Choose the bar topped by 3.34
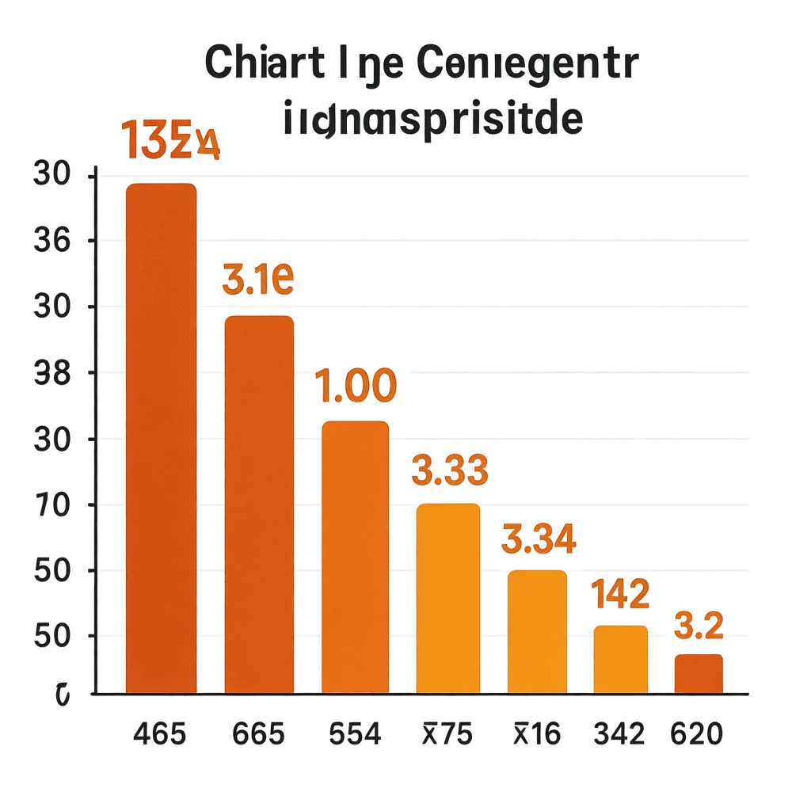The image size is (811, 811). (537, 631)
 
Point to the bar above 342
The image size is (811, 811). (621, 659)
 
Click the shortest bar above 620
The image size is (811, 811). (699, 674)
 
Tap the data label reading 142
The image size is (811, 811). (621, 593)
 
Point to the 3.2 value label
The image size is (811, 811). (699, 627)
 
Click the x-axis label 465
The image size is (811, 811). (160, 734)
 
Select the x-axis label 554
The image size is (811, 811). (354, 734)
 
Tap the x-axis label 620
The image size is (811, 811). (696, 734)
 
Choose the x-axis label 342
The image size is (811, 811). (620, 734)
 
